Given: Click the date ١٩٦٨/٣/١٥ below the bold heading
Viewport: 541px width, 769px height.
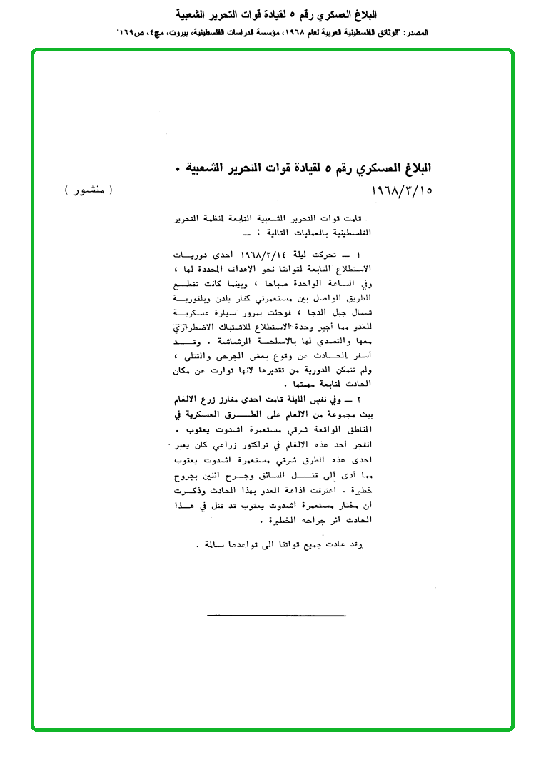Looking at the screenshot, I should [x=403, y=191].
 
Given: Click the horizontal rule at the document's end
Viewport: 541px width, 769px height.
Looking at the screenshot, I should [x=276, y=615].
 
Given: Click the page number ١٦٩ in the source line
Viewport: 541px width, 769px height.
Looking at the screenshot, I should [x=128, y=32].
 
